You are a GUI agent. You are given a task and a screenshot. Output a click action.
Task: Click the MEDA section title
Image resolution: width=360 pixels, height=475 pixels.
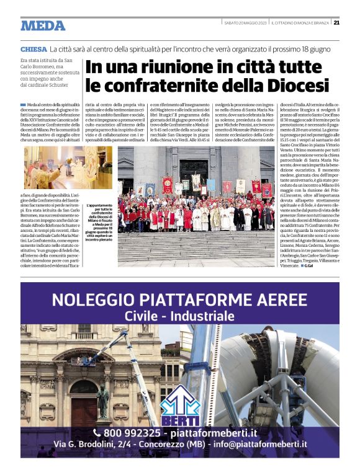point(43,25)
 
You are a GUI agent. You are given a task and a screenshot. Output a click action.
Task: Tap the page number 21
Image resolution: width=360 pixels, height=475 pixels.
point(336,23)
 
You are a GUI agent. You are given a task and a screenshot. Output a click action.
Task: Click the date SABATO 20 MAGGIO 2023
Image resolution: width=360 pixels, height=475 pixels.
point(246,23)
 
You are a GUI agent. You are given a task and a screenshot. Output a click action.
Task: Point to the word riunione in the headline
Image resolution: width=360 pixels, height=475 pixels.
point(163,67)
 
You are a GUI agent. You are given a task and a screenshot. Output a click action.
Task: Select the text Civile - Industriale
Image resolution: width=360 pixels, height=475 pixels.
point(179,316)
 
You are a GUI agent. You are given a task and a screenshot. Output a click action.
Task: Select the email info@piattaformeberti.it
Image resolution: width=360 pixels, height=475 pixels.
point(264,444)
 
